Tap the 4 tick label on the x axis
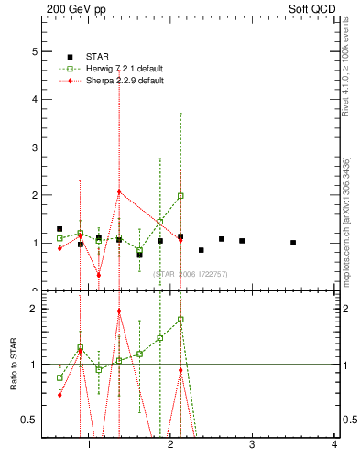(334, 444)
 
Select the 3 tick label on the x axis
(253, 444)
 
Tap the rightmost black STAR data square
(293, 243)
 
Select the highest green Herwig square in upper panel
(180, 195)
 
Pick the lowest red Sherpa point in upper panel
(99, 275)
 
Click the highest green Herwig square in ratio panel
(180, 320)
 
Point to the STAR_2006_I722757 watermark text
(190, 274)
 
